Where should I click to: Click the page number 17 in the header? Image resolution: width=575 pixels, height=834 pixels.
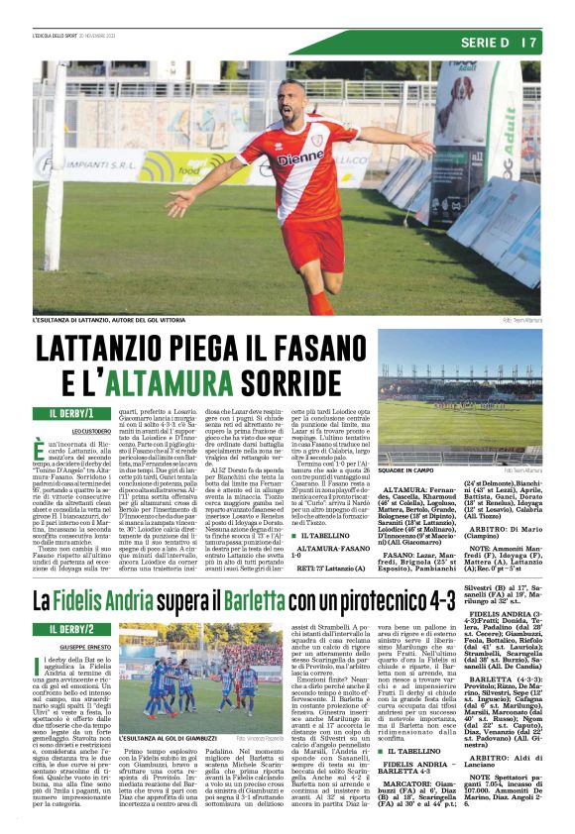click(529, 43)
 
